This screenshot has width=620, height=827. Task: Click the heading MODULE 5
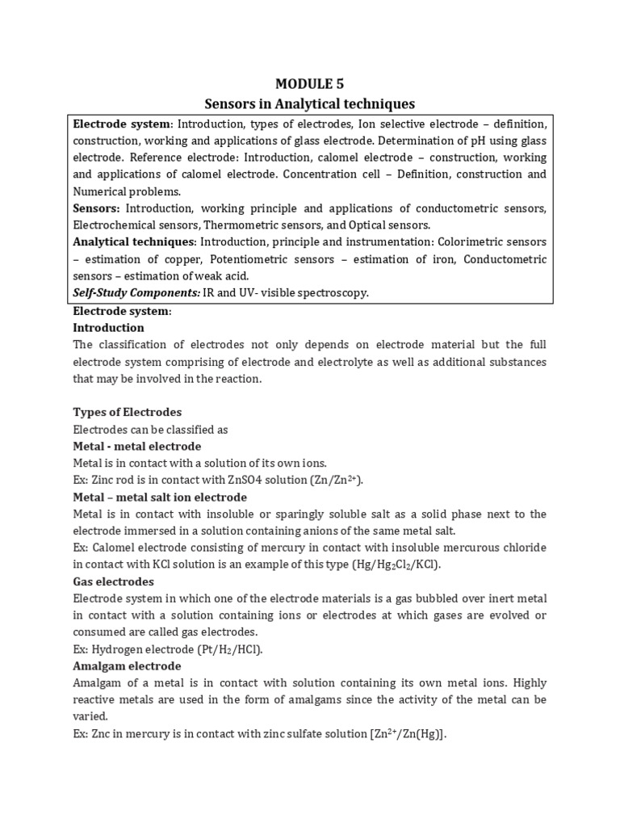pyautogui.click(x=310, y=83)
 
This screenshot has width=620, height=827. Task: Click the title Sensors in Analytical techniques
pyautogui.click(x=310, y=103)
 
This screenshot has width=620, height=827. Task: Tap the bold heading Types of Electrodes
pyautogui.click(x=128, y=412)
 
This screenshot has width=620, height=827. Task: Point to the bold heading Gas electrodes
pyautogui.click(x=114, y=581)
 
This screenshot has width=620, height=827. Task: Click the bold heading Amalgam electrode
pyautogui.click(x=127, y=666)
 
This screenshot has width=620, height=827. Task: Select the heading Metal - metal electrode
pyautogui.click(x=137, y=446)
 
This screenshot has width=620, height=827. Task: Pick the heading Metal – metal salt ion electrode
pyautogui.click(x=160, y=497)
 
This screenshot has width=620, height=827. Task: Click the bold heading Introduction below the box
pyautogui.click(x=109, y=328)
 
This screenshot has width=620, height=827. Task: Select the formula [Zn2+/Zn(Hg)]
pyautogui.click(x=398, y=734)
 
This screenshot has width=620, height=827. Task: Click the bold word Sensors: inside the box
pyautogui.click(x=98, y=208)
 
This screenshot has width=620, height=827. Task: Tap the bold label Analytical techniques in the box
pyautogui.click(x=134, y=241)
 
